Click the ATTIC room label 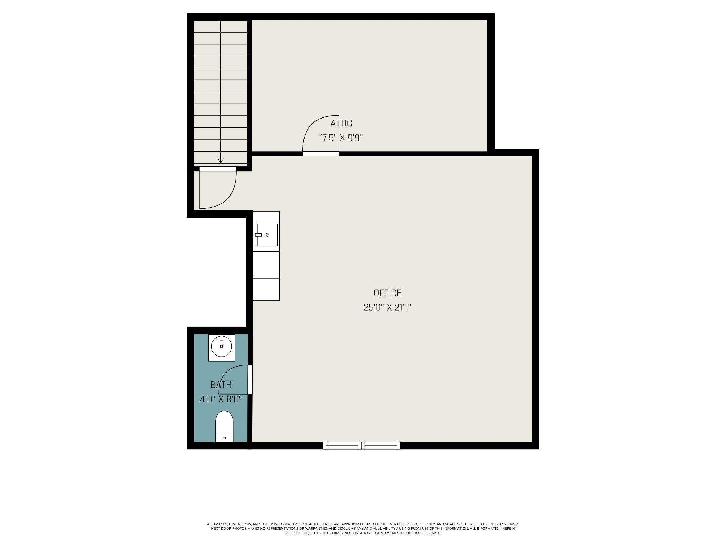tap(341, 123)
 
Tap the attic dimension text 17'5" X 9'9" tap(341, 138)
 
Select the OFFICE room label tap(387, 293)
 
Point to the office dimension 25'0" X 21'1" tap(387, 307)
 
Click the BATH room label tap(221, 385)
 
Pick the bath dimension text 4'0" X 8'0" tap(221, 399)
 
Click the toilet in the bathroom tap(224, 426)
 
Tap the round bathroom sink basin tap(222, 347)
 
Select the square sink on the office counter tap(267, 235)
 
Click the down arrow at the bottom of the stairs tap(220, 161)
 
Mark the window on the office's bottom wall tap(362, 446)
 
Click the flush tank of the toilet tap(224, 438)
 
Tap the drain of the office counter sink tap(267, 235)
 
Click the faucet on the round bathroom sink tap(222, 337)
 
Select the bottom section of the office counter tap(266, 289)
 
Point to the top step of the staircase tap(221, 26)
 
